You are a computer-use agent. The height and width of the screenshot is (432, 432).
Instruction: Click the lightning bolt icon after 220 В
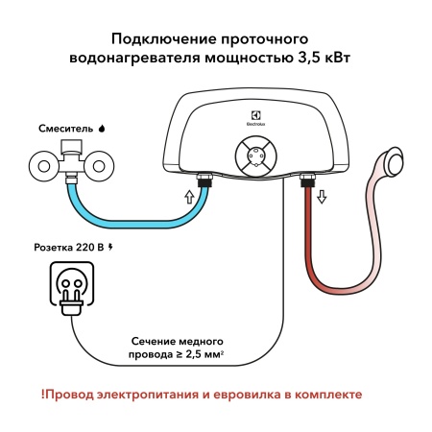(x=110, y=248)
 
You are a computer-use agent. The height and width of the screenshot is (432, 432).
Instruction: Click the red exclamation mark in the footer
(x=43, y=394)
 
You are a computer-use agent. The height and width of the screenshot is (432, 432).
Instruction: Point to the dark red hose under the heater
(x=309, y=250)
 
